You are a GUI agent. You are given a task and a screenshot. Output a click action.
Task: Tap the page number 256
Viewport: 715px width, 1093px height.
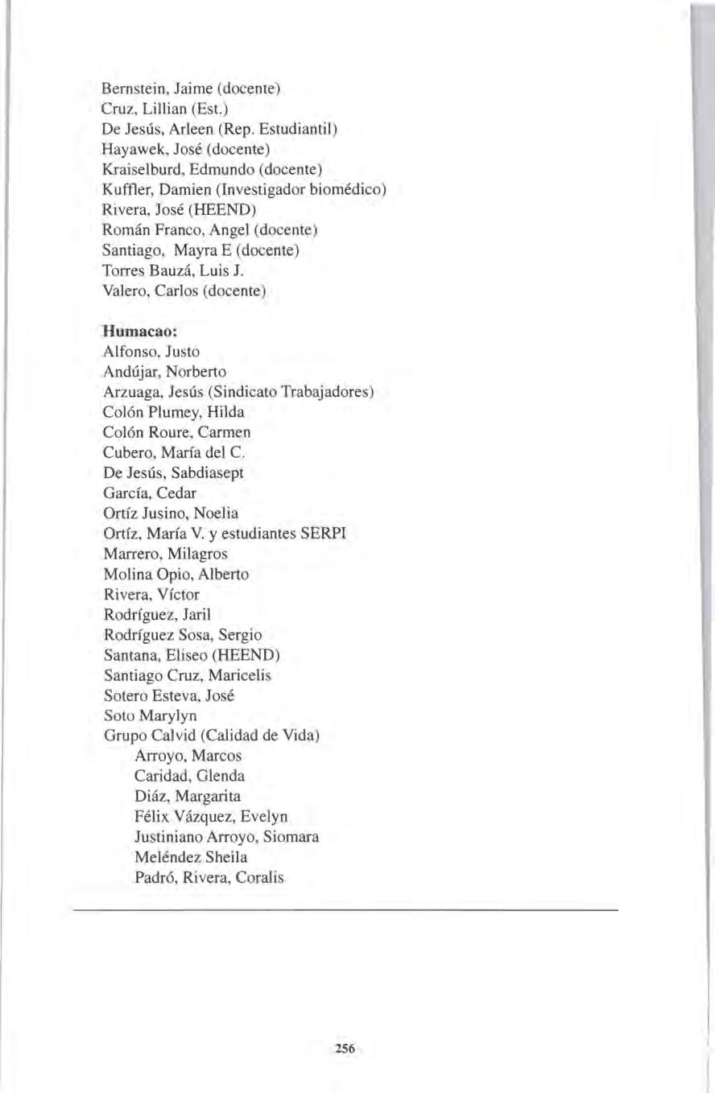click(x=345, y=1047)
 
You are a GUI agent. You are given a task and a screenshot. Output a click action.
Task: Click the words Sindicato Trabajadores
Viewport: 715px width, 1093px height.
click(x=304, y=393)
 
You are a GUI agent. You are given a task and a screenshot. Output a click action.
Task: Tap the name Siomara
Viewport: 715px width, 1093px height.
click(x=293, y=837)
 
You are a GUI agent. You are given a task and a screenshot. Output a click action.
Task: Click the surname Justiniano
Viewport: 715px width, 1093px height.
click(x=172, y=837)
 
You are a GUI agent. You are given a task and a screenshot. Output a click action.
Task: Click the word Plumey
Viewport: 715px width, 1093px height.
click(x=181, y=414)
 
